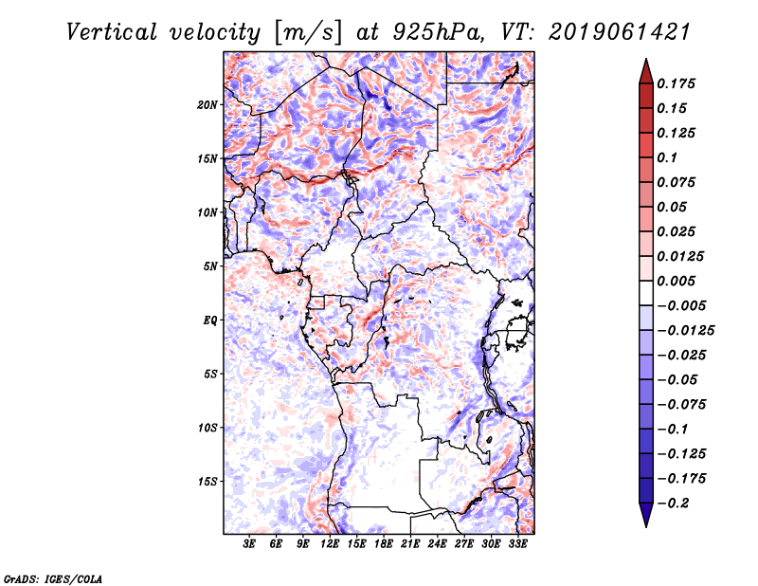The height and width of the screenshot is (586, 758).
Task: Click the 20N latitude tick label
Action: point(208,104)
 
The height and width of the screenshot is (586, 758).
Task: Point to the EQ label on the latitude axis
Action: point(210,320)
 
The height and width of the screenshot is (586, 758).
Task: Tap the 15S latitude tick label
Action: point(208,482)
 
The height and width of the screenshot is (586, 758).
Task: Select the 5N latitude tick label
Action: point(210,266)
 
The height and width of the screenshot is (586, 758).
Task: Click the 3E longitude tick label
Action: point(250,545)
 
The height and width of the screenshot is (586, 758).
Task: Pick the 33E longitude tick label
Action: point(517,545)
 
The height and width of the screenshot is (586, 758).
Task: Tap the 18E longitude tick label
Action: point(384,545)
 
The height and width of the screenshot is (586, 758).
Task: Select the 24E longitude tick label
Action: point(437,545)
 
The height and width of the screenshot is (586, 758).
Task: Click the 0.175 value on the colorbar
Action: point(677,83)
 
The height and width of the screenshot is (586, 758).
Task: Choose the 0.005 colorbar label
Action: point(677,281)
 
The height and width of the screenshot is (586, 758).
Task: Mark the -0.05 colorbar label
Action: point(677,379)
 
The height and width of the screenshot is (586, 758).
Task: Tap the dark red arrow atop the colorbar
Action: point(644,69)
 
